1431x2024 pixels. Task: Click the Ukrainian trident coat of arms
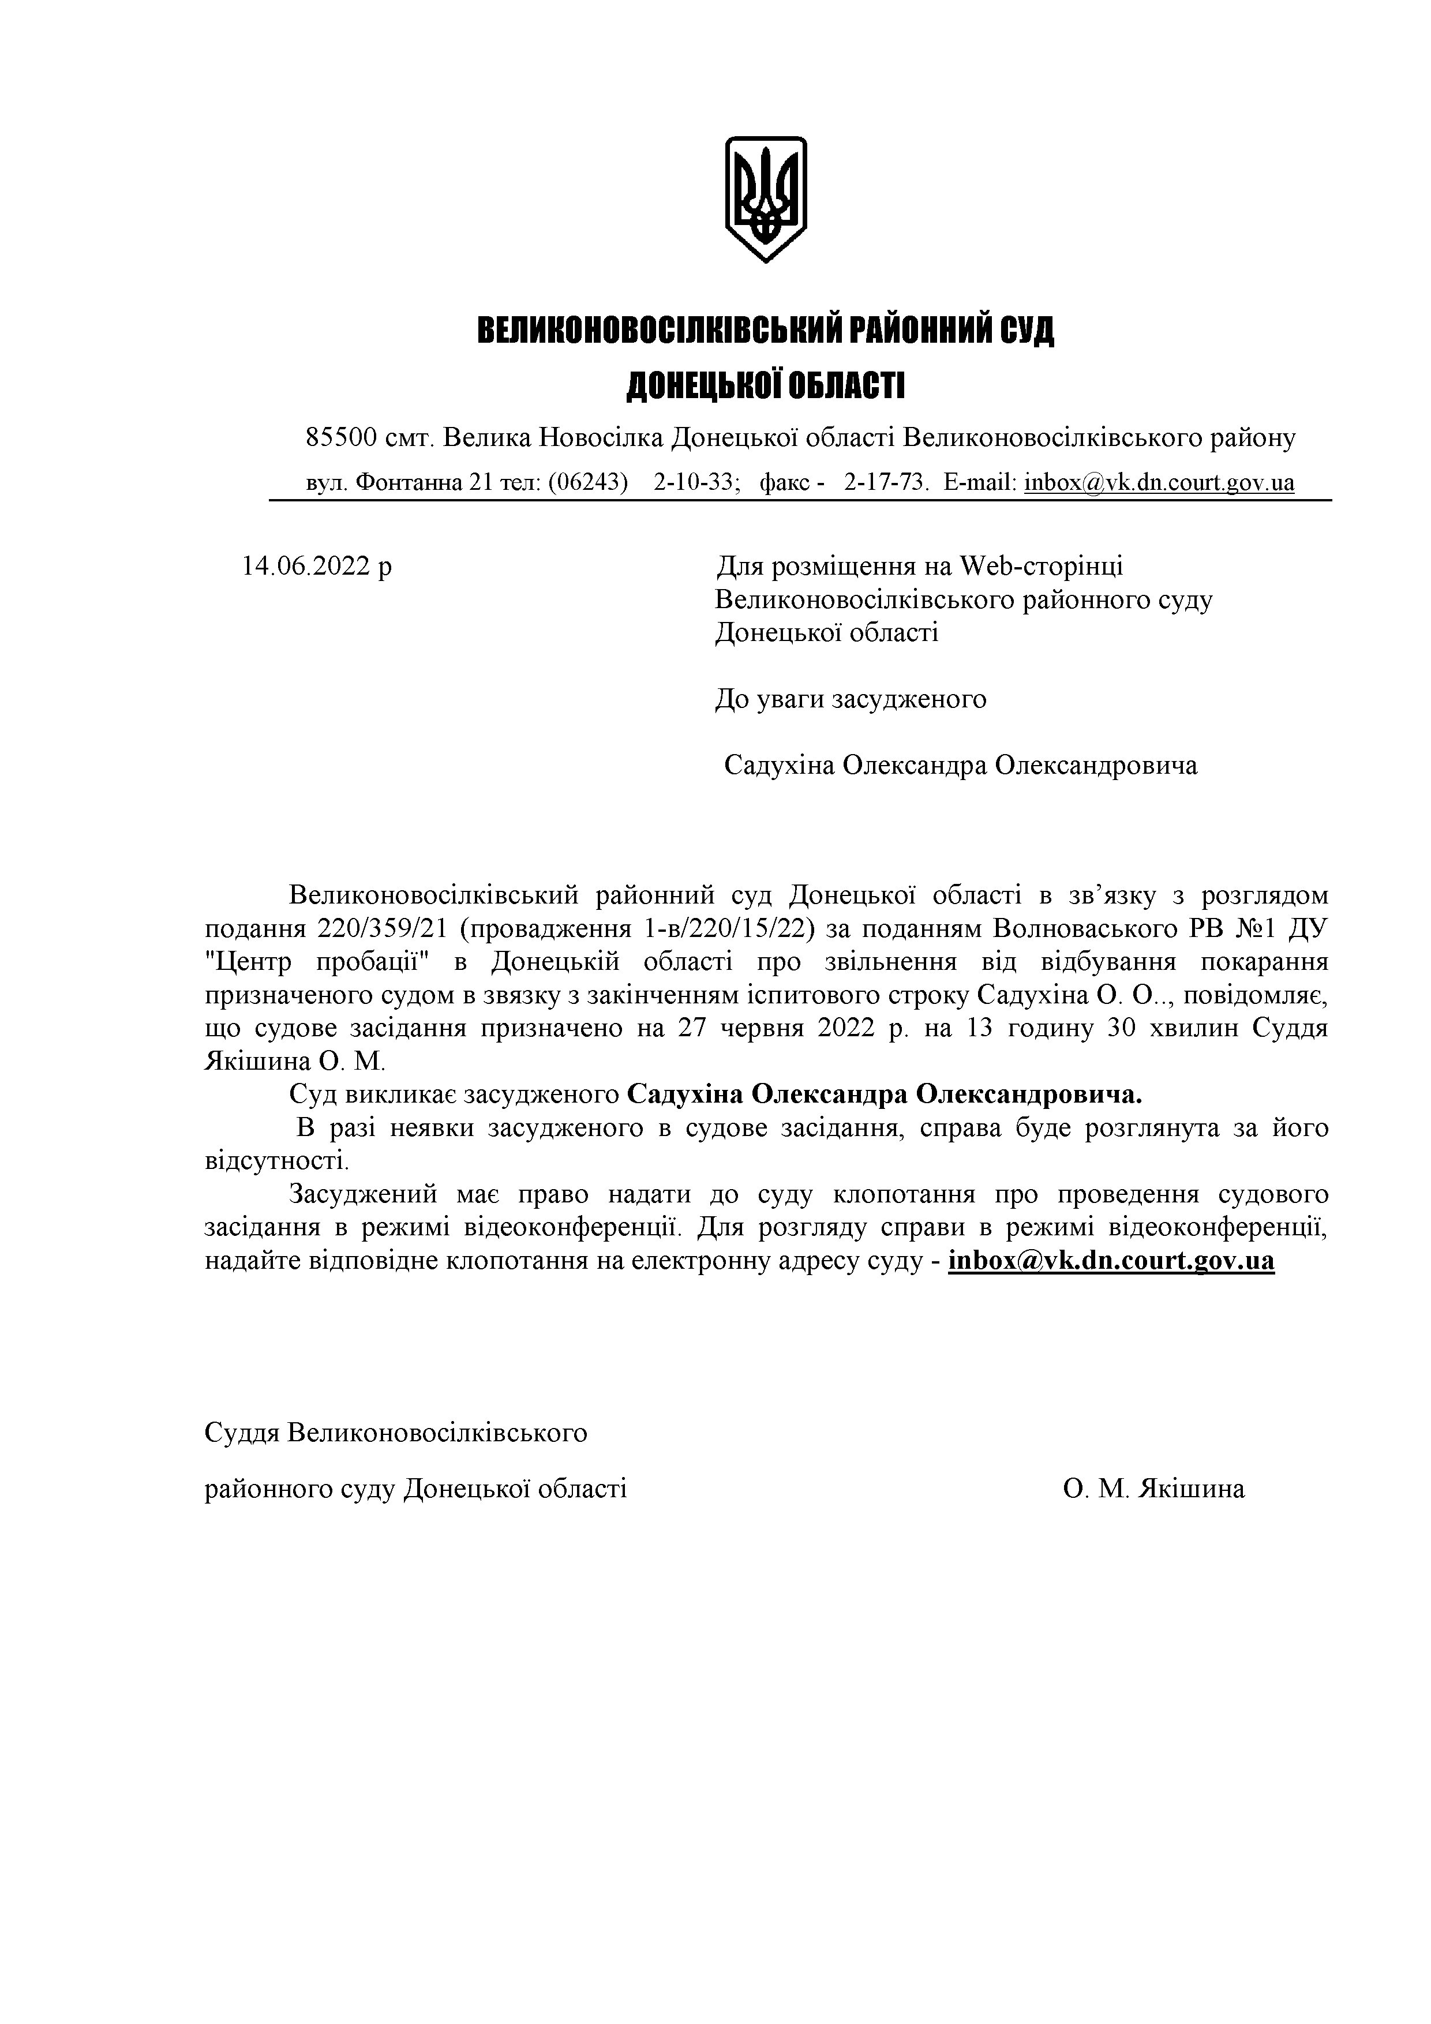pos(765,198)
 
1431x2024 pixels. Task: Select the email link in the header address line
pos(1159,482)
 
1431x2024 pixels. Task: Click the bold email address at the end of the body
pos(1111,1261)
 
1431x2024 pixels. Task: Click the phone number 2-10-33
pos(695,482)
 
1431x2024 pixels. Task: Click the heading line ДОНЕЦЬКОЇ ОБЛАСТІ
pos(765,386)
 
